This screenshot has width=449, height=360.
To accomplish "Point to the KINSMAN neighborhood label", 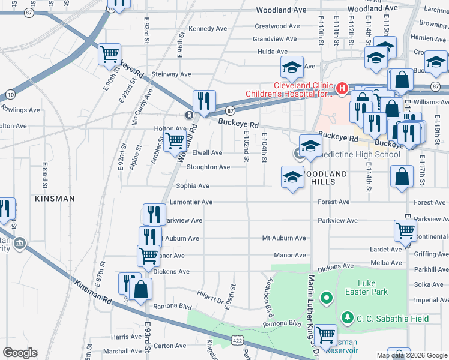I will (55, 198).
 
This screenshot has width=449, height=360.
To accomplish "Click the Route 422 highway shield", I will (235, 341).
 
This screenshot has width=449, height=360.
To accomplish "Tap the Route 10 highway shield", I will (11, 94).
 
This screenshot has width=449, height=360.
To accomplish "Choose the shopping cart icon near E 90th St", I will (110, 54).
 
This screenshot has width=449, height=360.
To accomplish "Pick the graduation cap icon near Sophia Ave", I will (292, 177).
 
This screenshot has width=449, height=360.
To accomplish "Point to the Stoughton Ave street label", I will (208, 167).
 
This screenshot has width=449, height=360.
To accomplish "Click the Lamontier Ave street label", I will (191, 202).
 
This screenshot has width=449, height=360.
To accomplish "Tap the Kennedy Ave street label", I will (208, 29).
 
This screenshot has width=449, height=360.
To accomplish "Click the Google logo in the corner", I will (20, 353).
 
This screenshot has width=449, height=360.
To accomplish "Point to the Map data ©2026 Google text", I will (411, 355).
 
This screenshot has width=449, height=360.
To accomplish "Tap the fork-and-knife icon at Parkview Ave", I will (154, 214).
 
